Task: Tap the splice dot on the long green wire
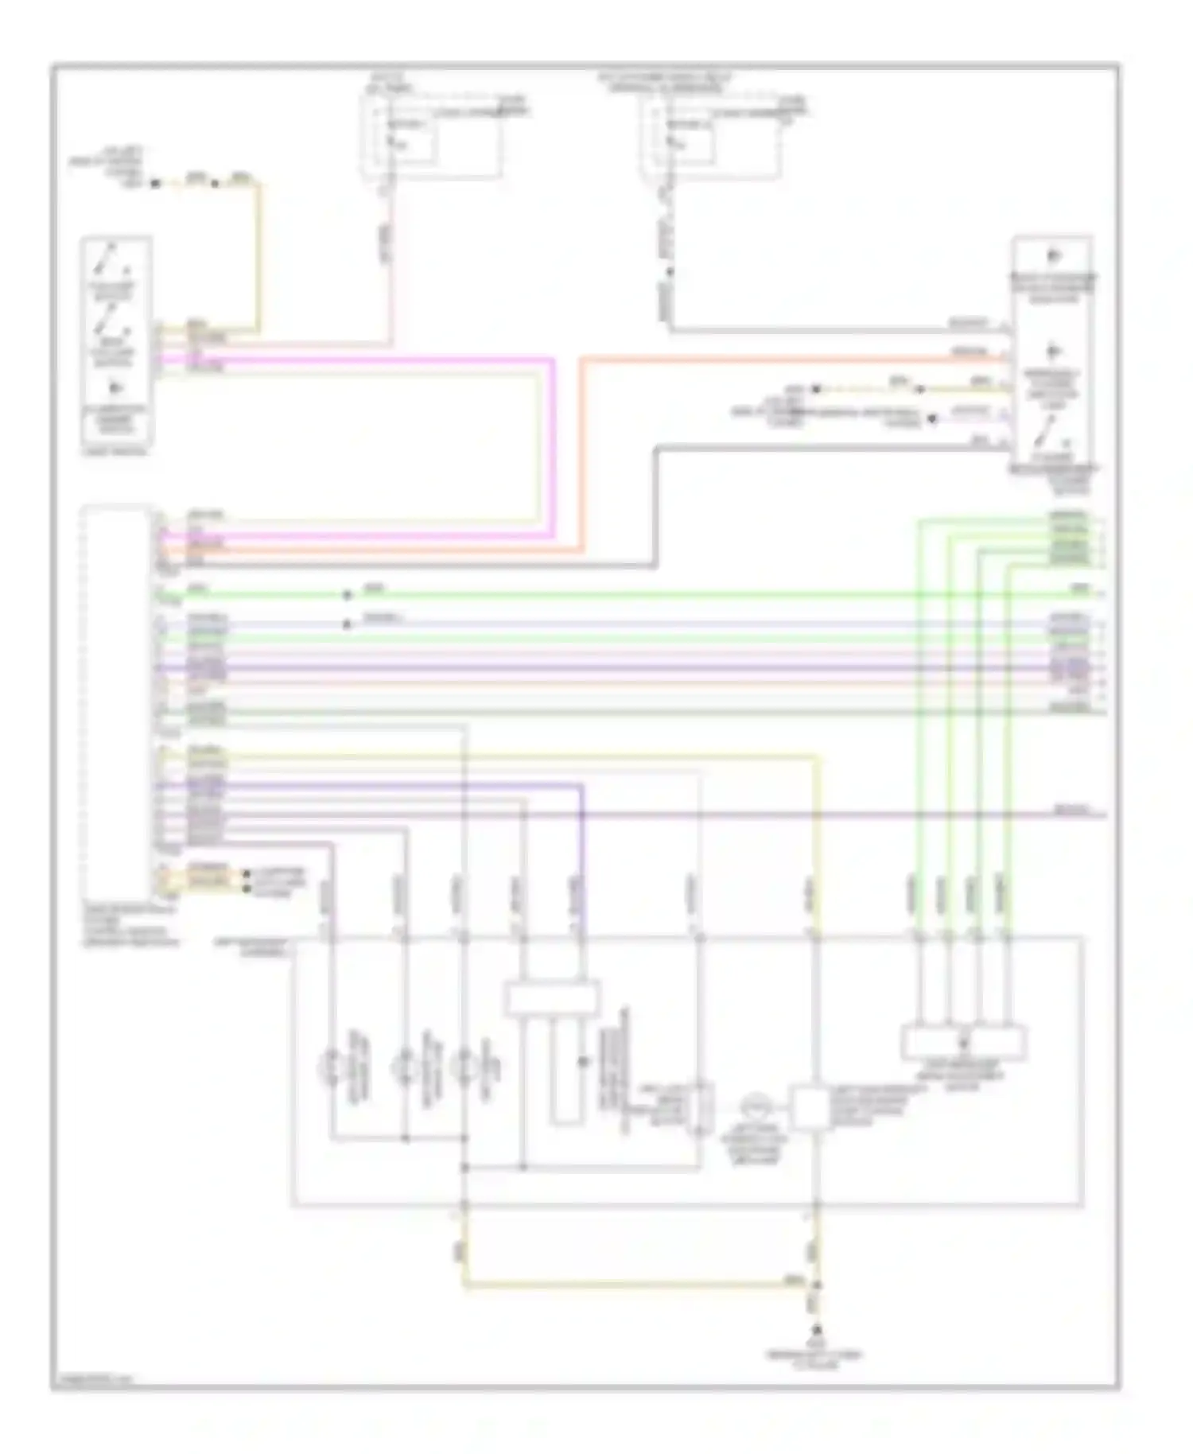coord(346,594)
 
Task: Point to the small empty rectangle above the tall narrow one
coord(552,999)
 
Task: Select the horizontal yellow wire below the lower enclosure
coord(636,1285)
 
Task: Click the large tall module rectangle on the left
coord(116,700)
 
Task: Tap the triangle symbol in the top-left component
coord(117,388)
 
